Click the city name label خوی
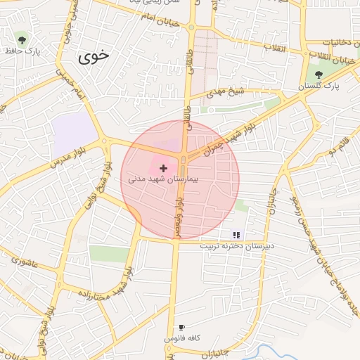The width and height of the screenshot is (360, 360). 96,56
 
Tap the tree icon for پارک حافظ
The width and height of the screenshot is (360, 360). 23,38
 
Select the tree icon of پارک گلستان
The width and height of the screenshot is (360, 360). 319,75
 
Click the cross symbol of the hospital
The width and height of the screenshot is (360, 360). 164,169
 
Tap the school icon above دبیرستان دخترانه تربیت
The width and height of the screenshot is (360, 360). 236,235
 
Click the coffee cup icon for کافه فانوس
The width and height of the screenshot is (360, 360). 181,327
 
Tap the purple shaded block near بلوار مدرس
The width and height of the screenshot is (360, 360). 73,129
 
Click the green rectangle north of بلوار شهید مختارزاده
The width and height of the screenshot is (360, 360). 110,253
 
